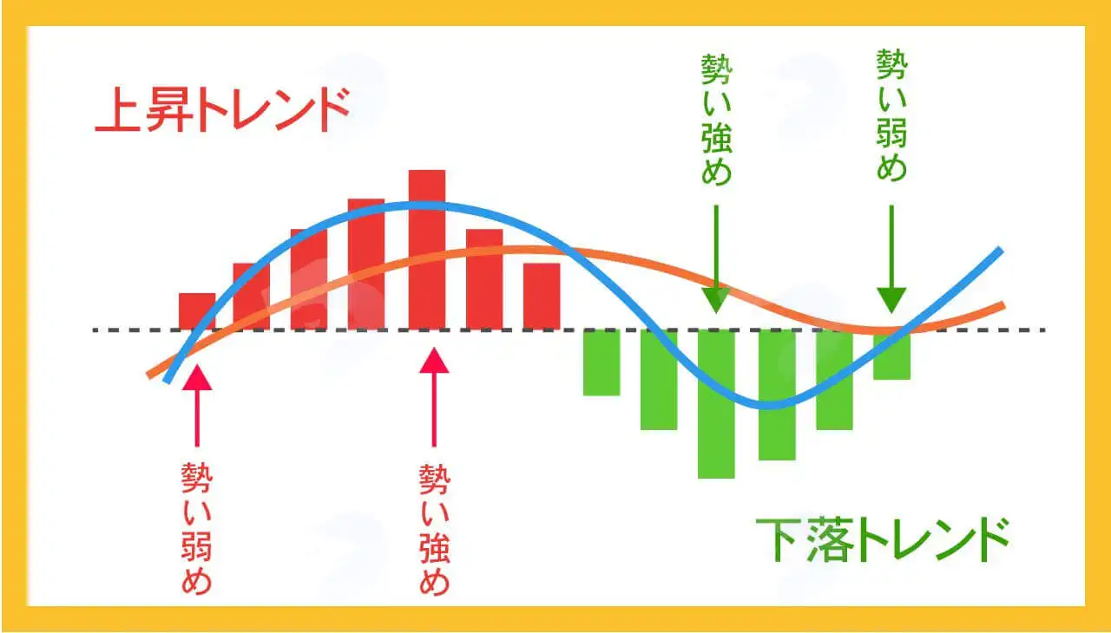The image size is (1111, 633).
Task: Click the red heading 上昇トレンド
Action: pos(223,109)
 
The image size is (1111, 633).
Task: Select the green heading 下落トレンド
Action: pos(883,539)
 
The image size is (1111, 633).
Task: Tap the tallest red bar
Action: pos(427,250)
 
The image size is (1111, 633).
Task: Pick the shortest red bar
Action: pos(197,311)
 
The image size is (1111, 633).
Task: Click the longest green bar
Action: pos(716,404)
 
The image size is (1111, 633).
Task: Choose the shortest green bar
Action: pos(891,355)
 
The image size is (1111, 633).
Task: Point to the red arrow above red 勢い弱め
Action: pos(197,406)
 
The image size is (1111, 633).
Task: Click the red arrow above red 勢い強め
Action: pos(434,397)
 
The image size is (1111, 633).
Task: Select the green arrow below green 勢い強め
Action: pos(716,259)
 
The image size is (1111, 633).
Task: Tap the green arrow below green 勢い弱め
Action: pos(891,259)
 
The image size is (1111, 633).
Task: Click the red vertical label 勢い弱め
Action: pos(197,528)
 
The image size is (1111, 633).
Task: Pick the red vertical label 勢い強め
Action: pos(435,529)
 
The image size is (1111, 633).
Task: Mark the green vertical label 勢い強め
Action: pos(717,120)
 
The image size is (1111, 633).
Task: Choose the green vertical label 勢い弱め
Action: pos(891,114)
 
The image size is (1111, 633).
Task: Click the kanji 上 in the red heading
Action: pos(117,109)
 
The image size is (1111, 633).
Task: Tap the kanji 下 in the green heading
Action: pos(778,539)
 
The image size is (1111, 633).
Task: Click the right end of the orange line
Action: pos(1003,305)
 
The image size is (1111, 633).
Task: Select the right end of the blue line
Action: pos(1001,250)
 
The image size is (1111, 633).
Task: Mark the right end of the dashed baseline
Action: pos(1044,330)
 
